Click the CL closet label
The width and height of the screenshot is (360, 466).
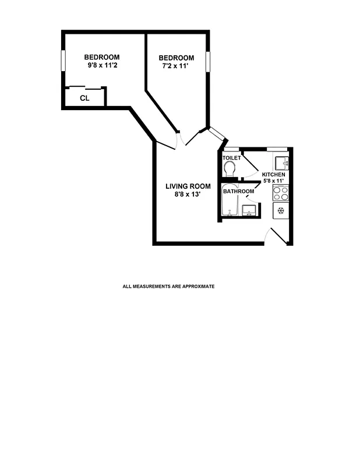pyautogui.click(x=84, y=98)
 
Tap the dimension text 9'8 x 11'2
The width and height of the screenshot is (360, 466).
pyautogui.click(x=102, y=65)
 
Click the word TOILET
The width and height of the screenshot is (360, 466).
pyautogui.click(x=231, y=158)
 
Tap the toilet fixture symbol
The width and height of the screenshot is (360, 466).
pyautogui.click(x=230, y=168)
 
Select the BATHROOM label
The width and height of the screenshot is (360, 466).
pyautogui.click(x=239, y=192)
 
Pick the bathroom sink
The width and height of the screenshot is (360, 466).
pyautogui.click(x=250, y=210)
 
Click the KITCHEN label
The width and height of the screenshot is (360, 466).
pyautogui.click(x=273, y=175)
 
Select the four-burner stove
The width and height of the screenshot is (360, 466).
pyautogui.click(x=281, y=193)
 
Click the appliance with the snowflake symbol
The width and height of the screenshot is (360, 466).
pyautogui.click(x=281, y=211)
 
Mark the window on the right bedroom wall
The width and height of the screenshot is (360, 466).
pyautogui.click(x=207, y=62)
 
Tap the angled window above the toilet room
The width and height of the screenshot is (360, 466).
pyautogui.click(x=217, y=134)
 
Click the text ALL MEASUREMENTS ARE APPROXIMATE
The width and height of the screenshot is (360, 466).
pyautogui.click(x=168, y=287)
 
